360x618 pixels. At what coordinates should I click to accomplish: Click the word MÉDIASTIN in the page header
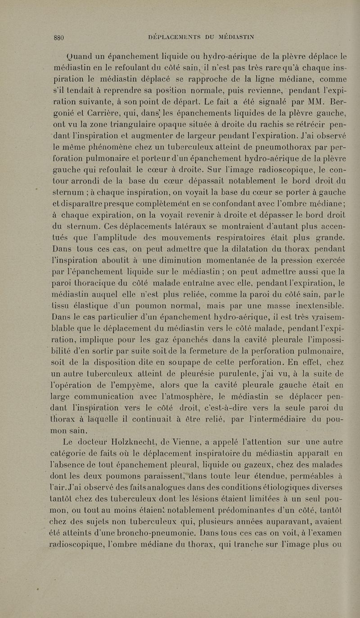coord(229,38)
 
